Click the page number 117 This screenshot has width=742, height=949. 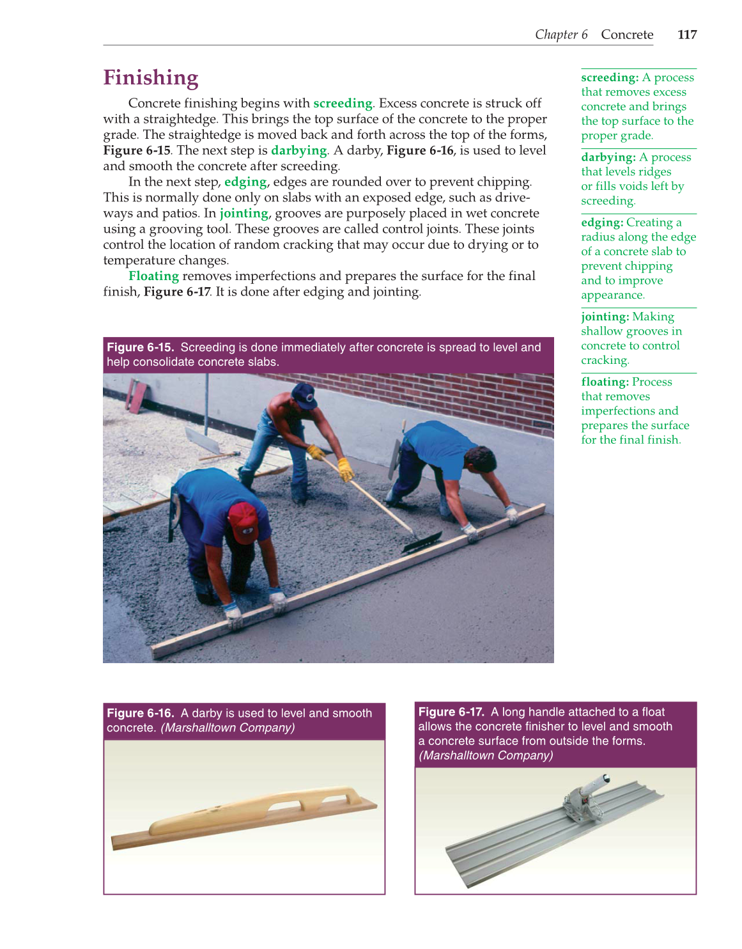pos(686,35)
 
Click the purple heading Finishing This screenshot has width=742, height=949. pos(151,77)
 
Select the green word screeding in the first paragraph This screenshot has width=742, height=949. pos(343,103)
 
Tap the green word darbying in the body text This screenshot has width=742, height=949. pos(298,150)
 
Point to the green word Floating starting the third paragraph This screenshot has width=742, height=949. pos(153,276)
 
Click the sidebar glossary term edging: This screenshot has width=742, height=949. pos(601,223)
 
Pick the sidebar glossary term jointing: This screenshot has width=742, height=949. pos(605,317)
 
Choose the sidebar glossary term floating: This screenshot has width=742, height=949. pos(605,382)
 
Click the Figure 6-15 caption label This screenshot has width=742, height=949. pos(140,347)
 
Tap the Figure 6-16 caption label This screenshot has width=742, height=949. pos(140,713)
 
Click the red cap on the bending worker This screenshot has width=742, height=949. pos(243,521)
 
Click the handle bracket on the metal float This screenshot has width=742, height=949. pos(582,799)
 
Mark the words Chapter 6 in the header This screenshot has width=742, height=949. pos(561,35)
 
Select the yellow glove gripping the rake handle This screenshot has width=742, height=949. pos(345,469)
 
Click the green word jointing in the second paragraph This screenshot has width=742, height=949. pos(244,214)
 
